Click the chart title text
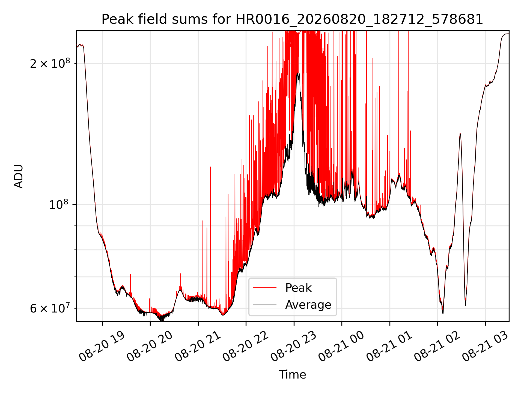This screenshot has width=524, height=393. click(x=292, y=19)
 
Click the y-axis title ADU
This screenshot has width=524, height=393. click(x=19, y=176)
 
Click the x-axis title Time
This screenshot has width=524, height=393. click(x=292, y=374)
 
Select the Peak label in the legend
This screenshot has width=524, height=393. click(x=298, y=288)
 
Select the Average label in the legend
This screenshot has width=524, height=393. click(x=308, y=305)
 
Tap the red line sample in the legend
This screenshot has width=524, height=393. click(x=265, y=288)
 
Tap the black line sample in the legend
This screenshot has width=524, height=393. click(x=265, y=305)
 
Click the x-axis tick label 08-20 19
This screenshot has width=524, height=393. click(x=102, y=347)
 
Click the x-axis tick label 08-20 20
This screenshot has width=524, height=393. click(x=150, y=347)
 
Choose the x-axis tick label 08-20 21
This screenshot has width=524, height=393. click(x=198, y=347)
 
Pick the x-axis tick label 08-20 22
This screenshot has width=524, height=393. click(x=246, y=347)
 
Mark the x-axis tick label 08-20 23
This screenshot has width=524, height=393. click(x=293, y=347)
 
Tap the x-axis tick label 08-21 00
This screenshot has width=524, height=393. click(x=341, y=347)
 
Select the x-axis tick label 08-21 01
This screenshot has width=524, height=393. click(x=389, y=347)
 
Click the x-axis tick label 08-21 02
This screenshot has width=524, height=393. click(x=437, y=347)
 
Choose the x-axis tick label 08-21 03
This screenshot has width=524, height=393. click(x=485, y=347)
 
